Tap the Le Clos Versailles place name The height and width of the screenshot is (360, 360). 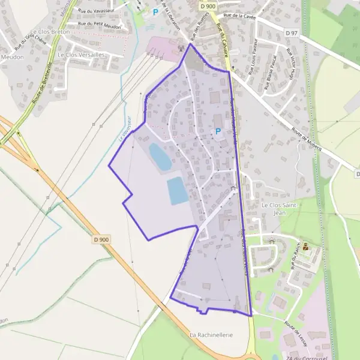(81, 55)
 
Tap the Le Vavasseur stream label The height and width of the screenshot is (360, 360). (126, 127)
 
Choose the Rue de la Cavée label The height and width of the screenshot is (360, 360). (239, 16)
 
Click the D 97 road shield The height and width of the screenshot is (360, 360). (292, 32)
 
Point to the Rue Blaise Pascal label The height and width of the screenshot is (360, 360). (271, 72)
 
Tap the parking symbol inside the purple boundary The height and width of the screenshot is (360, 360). (218, 131)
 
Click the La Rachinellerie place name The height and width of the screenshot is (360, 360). (211, 334)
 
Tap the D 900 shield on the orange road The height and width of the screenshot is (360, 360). (101, 239)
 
